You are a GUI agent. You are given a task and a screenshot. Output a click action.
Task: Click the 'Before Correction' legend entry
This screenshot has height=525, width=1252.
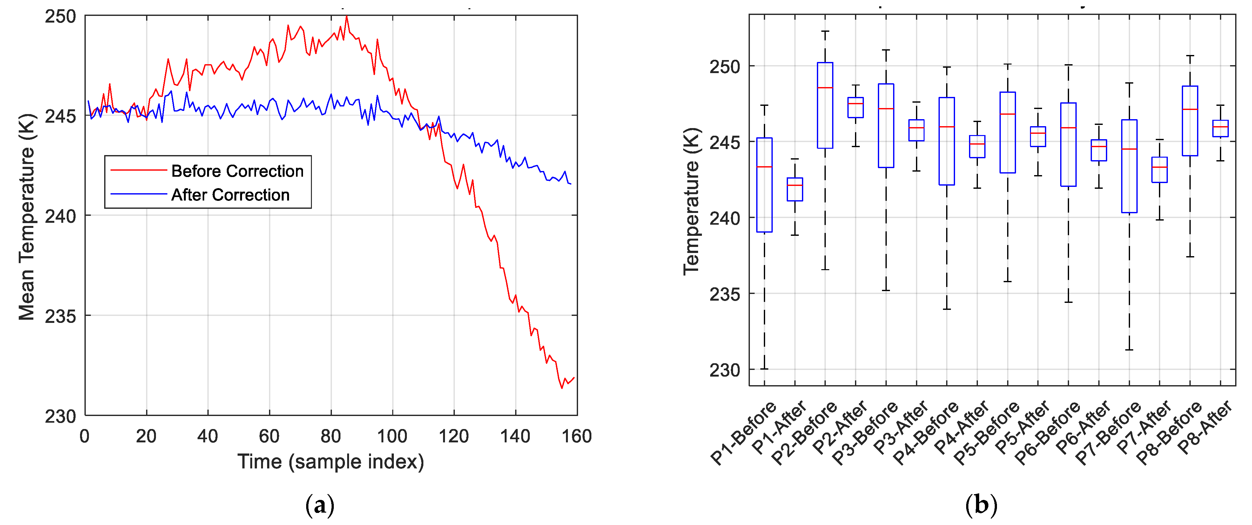pyautogui.click(x=237, y=171)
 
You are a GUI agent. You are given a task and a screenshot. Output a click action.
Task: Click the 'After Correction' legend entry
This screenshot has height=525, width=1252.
pyautogui.click(x=230, y=195)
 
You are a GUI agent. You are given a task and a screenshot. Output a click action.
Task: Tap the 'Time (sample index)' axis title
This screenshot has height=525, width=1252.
pyautogui.click(x=331, y=461)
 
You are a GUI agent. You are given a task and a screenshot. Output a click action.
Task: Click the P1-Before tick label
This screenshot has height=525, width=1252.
pyautogui.click(x=744, y=433)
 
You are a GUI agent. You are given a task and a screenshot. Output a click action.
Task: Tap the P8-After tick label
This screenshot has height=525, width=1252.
pyautogui.click(x=1205, y=428)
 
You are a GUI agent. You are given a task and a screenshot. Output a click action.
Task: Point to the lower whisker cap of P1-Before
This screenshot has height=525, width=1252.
pyautogui.click(x=764, y=369)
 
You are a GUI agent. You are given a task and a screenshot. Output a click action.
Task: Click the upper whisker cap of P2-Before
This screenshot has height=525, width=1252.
pyautogui.click(x=825, y=31)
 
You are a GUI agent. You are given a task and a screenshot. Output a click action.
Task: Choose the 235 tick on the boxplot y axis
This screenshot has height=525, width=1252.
pyautogui.click(x=724, y=294)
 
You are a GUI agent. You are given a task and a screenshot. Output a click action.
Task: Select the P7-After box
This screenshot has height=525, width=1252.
pyautogui.click(x=1160, y=170)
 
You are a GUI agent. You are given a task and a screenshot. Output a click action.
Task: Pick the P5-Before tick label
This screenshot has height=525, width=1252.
pyautogui.click(x=986, y=433)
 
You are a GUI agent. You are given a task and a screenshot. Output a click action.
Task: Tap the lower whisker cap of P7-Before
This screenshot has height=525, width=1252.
pyautogui.click(x=1129, y=350)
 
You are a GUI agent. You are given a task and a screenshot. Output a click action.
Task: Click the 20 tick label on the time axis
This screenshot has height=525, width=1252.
pyautogui.click(x=146, y=436)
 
